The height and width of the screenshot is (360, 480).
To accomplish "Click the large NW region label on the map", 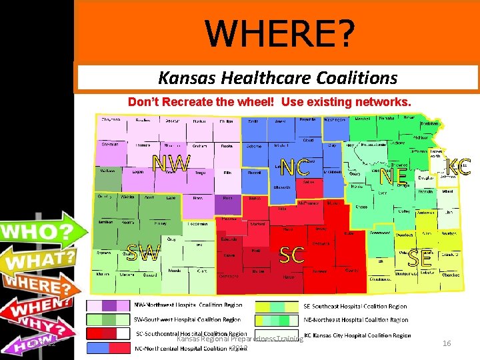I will coord(171,163).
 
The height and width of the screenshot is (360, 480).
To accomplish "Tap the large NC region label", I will coord(294,167).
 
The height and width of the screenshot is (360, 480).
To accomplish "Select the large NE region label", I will coord(393,176).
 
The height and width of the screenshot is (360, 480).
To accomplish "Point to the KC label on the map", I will coord(458,167).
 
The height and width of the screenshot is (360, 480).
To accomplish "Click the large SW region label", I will coord(143,253).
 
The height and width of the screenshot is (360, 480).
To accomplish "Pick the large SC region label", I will coord(292,254).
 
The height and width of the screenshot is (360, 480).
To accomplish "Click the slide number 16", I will coord(447,343).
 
